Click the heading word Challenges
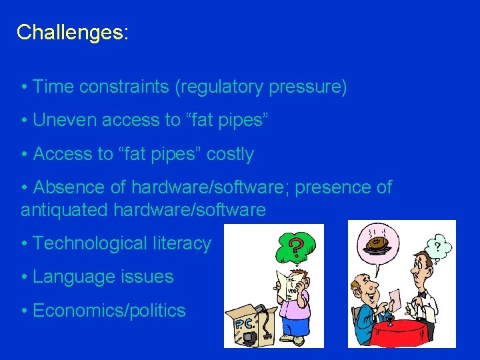[72, 32]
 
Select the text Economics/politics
[109, 310]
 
